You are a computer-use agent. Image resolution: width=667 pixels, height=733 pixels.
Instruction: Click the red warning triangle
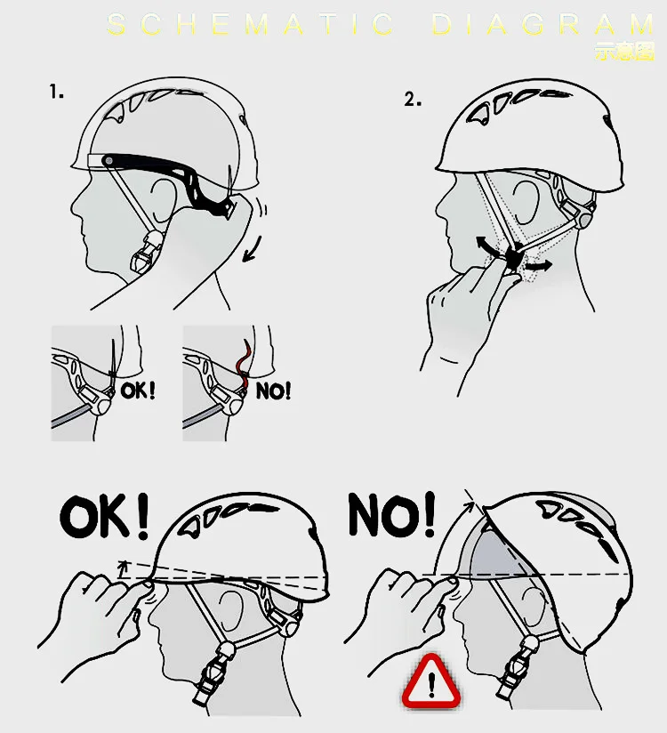pos(431,682)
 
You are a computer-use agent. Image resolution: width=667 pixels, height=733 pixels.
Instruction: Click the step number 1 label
pos(56,92)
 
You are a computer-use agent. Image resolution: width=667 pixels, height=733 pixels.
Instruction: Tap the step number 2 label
pos(413,99)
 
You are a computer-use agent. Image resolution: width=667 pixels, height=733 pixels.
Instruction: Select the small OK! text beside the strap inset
pos(138,390)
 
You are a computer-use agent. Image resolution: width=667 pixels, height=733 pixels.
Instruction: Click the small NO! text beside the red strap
pos(273,391)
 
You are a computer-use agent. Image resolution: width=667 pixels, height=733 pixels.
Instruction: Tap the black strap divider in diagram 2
pos(513,257)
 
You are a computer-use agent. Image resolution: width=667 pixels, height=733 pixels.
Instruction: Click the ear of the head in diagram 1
pos(164,198)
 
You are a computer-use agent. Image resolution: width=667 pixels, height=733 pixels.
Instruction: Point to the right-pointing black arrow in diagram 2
pos(538,266)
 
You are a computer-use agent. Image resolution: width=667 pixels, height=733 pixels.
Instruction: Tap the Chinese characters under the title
pos(624,52)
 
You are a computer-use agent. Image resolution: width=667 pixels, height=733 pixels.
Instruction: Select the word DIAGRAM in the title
pos(543,24)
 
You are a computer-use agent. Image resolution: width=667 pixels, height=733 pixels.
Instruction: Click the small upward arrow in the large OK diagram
pos(123,567)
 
